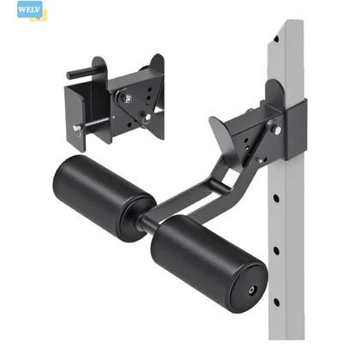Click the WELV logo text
(28, 9)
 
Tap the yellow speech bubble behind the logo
(40, 17)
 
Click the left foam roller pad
(104, 198)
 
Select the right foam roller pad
(208, 263)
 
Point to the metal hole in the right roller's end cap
(252, 291)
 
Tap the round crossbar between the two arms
(220, 185)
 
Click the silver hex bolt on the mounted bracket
(277, 129)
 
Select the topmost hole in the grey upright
(276, 39)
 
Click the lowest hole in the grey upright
(277, 303)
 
